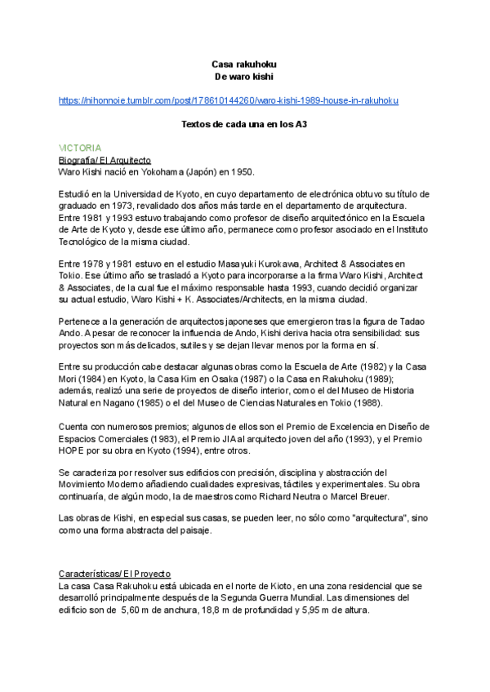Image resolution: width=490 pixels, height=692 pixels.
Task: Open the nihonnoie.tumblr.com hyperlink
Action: [x=229, y=100]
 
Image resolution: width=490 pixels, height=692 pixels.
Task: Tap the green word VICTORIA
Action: [x=80, y=149]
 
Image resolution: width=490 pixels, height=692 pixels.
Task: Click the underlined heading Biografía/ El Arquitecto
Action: [x=105, y=160]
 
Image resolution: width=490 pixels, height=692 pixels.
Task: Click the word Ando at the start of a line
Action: [x=70, y=333]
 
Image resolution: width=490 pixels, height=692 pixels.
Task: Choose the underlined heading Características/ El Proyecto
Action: [x=115, y=574]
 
